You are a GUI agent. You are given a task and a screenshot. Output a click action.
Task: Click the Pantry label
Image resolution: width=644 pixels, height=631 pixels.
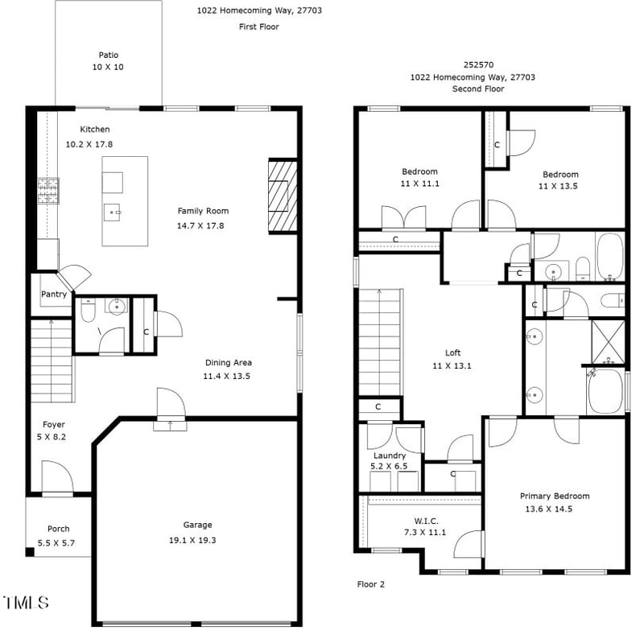(x=54, y=294)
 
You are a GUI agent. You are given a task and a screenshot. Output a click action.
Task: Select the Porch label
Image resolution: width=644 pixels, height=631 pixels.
(x=58, y=529)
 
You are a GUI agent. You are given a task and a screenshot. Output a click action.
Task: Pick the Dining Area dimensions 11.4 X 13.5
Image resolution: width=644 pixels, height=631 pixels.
(x=227, y=376)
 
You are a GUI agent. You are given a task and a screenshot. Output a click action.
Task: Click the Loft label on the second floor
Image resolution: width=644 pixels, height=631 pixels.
(x=453, y=353)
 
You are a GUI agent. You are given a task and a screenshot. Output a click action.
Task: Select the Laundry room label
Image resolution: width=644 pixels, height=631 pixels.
(x=390, y=456)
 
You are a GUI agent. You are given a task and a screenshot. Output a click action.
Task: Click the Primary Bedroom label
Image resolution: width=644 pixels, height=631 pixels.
(x=555, y=496)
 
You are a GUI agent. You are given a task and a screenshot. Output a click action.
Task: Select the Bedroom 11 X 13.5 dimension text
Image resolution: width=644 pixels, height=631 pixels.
(x=559, y=186)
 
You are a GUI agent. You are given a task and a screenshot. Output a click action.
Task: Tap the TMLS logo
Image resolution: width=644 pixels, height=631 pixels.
(x=27, y=602)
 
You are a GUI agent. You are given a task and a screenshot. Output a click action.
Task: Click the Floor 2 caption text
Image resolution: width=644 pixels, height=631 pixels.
(x=370, y=584)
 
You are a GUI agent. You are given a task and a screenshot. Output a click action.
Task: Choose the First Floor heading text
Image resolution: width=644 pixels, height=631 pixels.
(x=258, y=27)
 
